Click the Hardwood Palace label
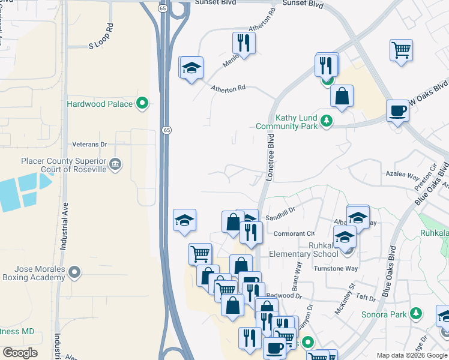[99, 104]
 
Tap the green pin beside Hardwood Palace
[142, 104]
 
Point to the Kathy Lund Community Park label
[286, 122]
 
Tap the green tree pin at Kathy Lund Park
[327, 121]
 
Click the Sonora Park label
[384, 314]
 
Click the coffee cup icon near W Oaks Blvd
[398, 111]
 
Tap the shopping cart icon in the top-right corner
[401, 50]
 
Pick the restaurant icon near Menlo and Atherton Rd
[244, 43]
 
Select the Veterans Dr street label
[89, 145]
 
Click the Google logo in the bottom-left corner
[20, 353]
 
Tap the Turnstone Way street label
[336, 268]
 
